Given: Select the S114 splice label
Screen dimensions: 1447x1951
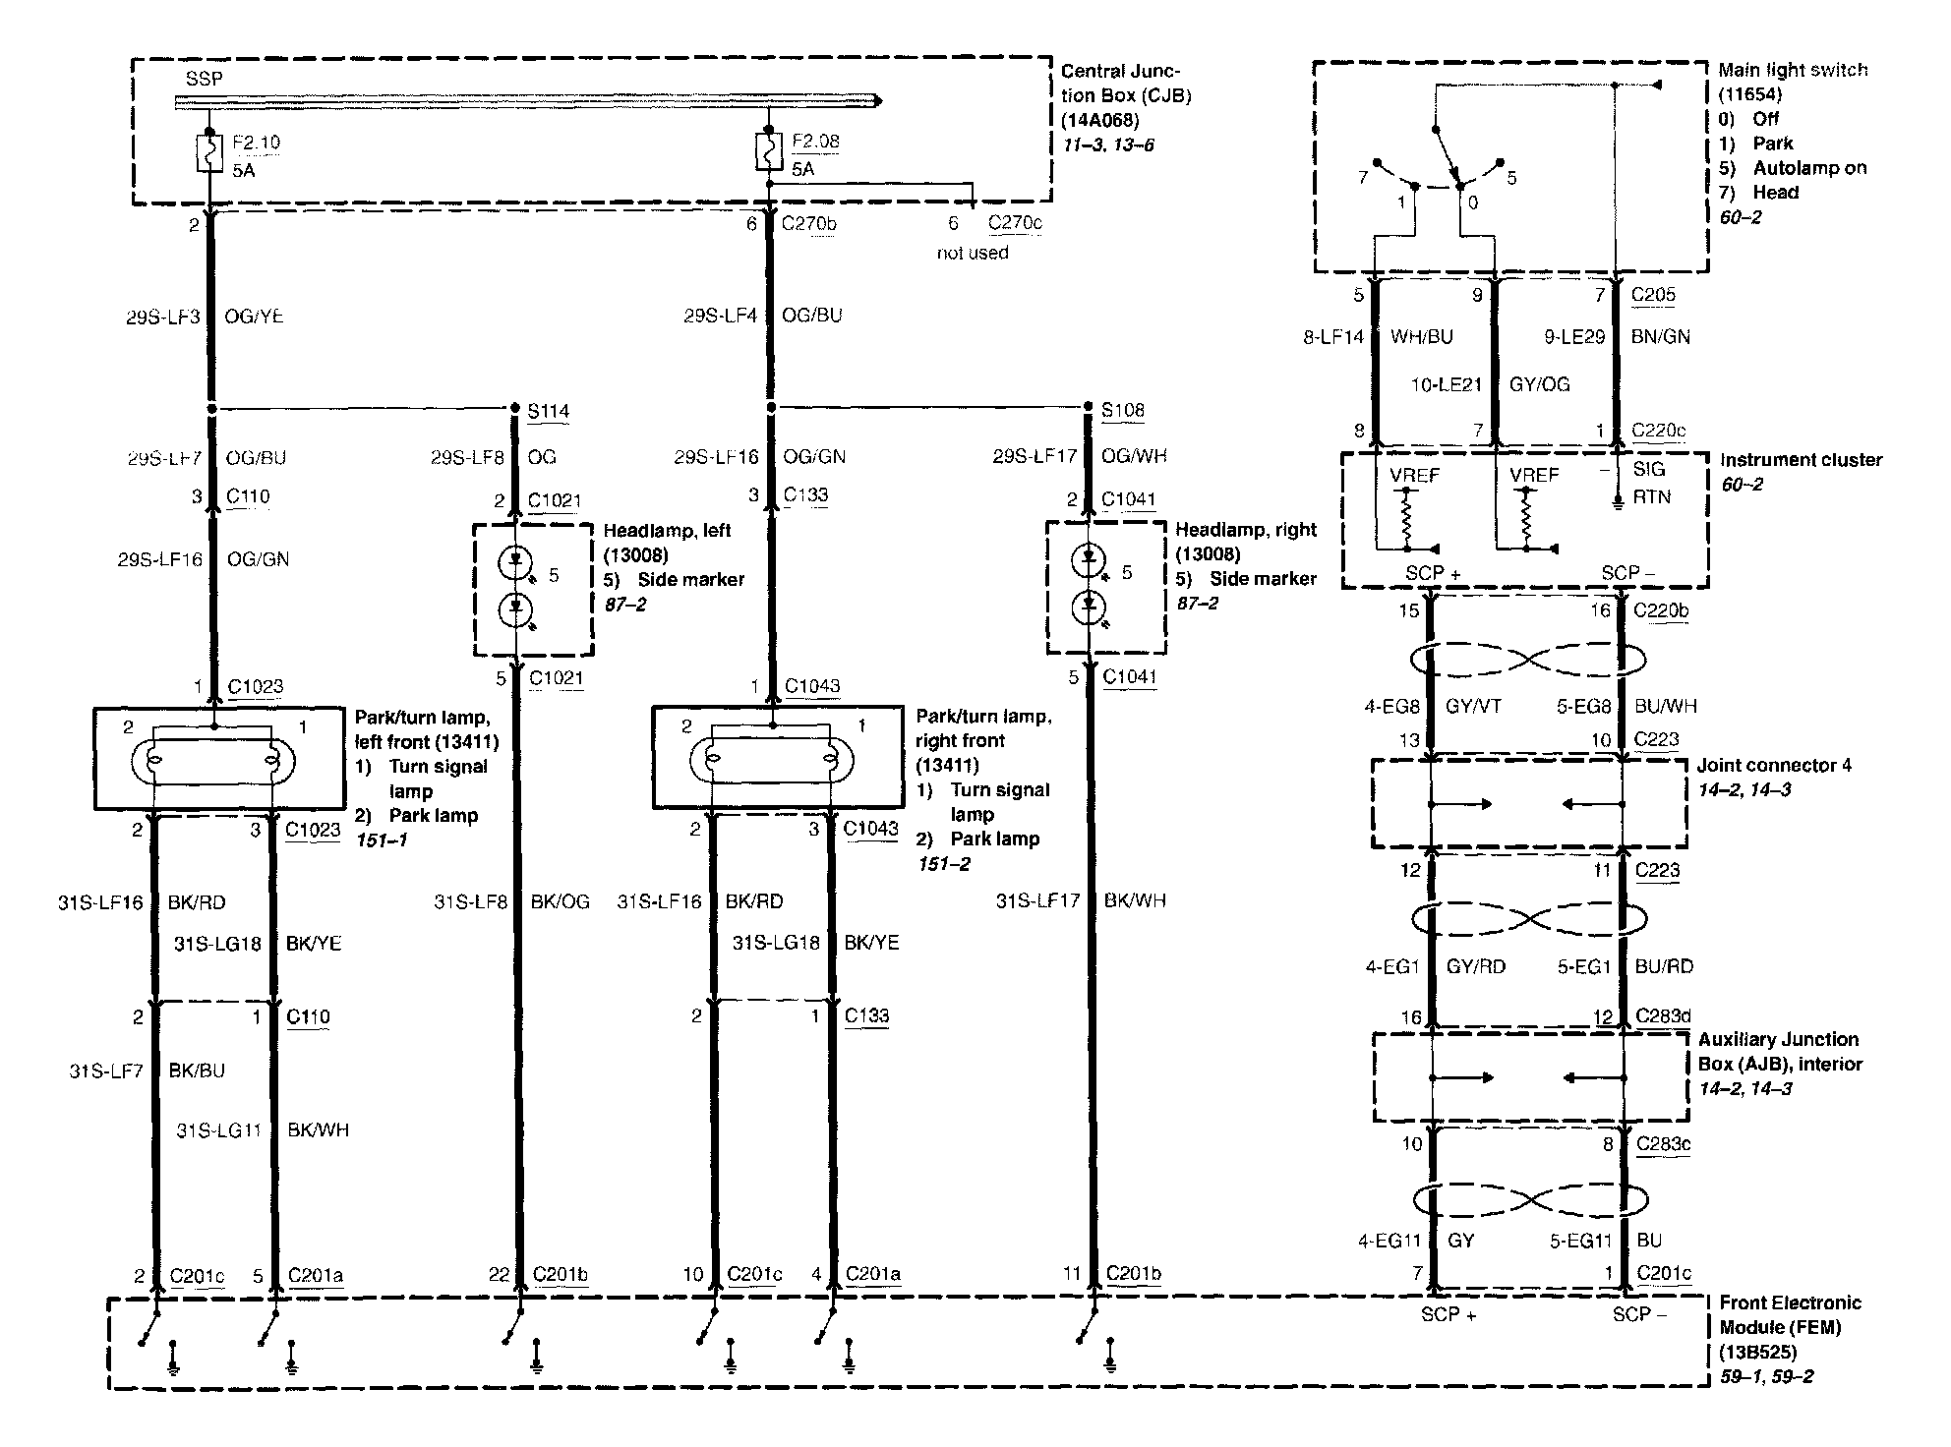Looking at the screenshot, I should [x=548, y=411].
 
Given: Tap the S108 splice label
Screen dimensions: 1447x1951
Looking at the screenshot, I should [x=1122, y=410].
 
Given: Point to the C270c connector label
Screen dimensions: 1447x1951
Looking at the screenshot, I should [x=1015, y=223].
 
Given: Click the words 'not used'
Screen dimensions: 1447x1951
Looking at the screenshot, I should [x=972, y=253].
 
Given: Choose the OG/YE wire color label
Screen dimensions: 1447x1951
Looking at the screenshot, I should [x=254, y=317].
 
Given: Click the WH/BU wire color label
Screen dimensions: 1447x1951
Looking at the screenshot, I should [x=1421, y=336].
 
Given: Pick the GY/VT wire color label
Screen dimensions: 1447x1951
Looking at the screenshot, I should [x=1473, y=706].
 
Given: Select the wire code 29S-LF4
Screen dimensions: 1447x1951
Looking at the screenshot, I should [x=721, y=316].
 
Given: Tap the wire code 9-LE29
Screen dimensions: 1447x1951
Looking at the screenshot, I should [x=1573, y=336].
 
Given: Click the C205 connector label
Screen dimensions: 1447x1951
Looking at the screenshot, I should [x=1653, y=294].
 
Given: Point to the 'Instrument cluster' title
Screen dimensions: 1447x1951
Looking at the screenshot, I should [x=1801, y=460].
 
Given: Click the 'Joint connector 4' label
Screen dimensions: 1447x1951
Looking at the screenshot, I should [x=1774, y=765].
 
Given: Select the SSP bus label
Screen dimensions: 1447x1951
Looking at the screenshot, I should [x=204, y=79].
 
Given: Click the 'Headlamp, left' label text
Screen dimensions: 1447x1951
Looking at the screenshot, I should [x=667, y=531].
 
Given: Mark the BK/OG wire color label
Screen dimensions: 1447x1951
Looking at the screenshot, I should [x=560, y=901].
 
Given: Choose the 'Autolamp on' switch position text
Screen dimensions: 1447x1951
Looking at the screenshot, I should [x=1809, y=168].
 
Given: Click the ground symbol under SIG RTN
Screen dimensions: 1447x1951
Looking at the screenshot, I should [x=1619, y=505].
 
